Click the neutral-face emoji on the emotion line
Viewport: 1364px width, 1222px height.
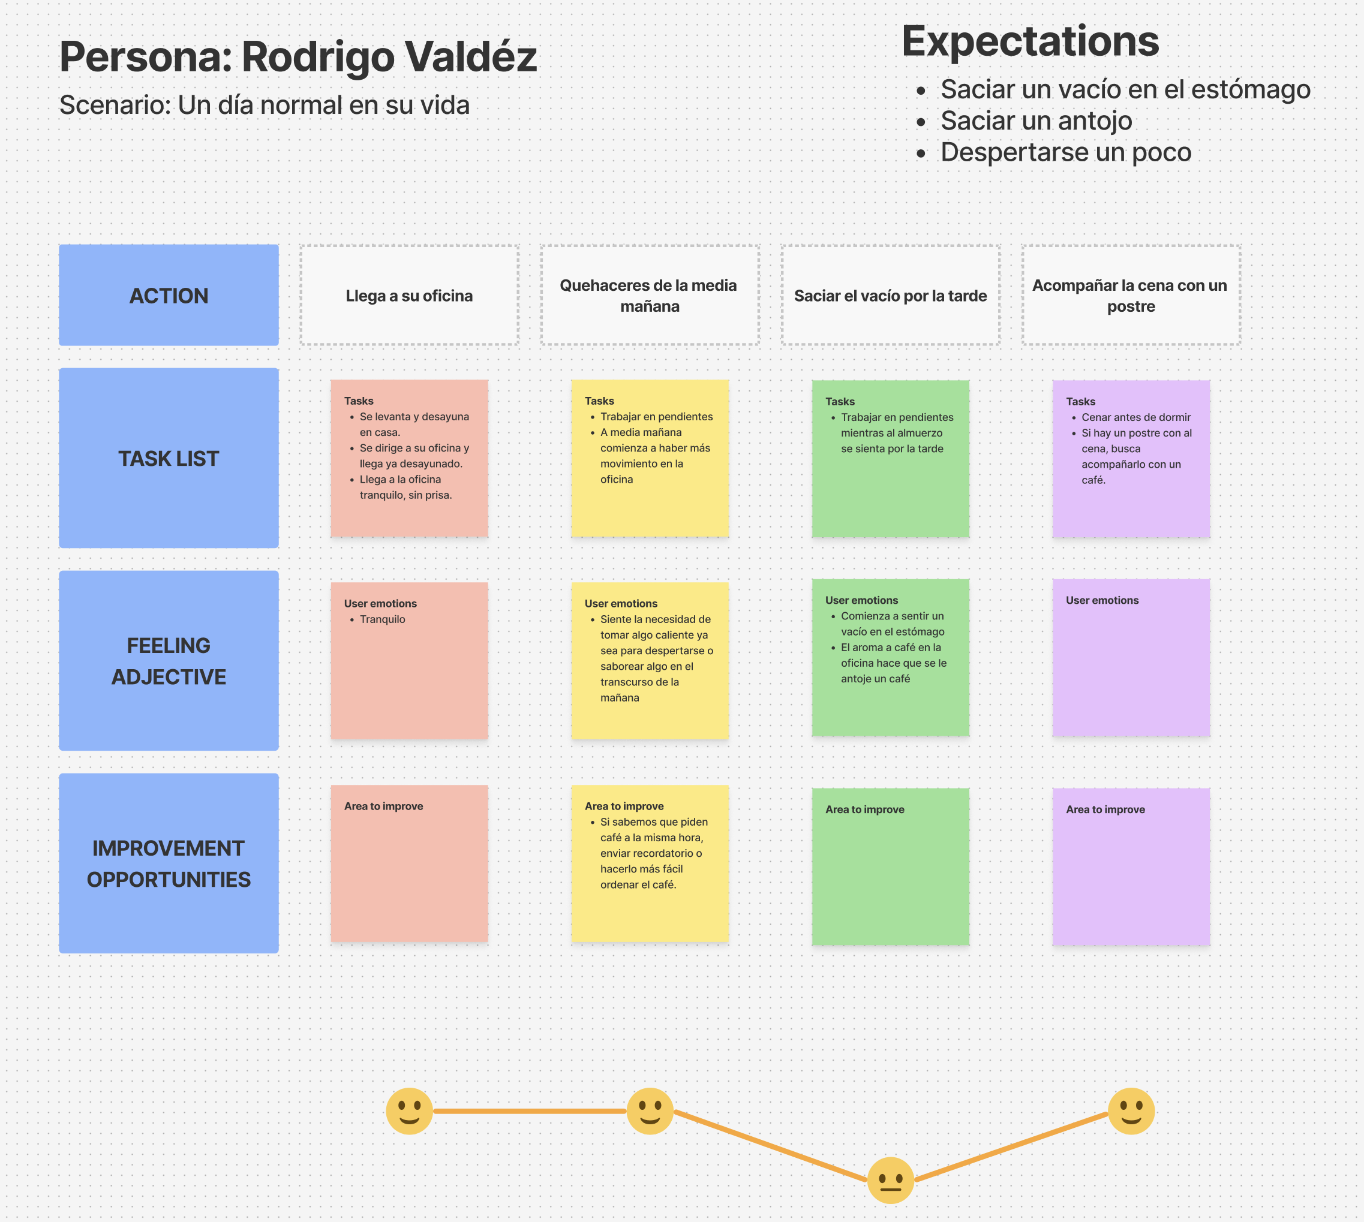click(x=890, y=1179)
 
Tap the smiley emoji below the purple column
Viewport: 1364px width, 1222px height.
click(x=1130, y=1110)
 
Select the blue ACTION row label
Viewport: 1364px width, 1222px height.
click(x=169, y=296)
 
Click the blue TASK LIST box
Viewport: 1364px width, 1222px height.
click(x=169, y=458)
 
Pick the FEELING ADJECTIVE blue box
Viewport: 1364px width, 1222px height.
click(x=169, y=661)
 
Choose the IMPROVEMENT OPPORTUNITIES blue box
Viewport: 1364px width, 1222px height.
click(x=169, y=863)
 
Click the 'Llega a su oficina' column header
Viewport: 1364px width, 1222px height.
click(x=409, y=296)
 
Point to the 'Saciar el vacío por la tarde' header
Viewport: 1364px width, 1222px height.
click(x=890, y=296)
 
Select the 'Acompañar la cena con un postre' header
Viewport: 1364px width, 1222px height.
click(x=1130, y=296)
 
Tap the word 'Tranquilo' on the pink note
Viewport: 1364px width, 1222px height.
click(x=382, y=619)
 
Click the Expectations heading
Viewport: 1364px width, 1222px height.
click(x=1029, y=41)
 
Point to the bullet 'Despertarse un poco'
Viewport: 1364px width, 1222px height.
click(x=1065, y=152)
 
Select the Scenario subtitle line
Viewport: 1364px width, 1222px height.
click(x=264, y=106)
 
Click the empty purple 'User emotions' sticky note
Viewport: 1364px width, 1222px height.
click(x=1130, y=658)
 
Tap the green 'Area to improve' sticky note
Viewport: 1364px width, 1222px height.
click(x=890, y=866)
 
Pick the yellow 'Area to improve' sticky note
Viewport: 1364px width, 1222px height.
click(x=650, y=863)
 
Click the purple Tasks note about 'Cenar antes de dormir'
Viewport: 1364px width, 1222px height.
click(x=1130, y=458)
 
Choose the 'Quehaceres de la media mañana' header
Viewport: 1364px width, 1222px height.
click(x=650, y=296)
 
